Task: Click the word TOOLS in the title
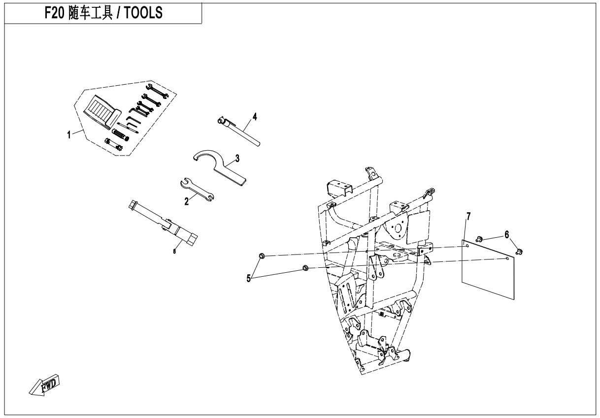pos(143,13)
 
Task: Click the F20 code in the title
pos(54,13)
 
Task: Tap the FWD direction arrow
pos(44,385)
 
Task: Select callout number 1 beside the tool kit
pos(69,135)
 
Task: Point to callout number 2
pos(187,201)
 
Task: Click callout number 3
pos(237,158)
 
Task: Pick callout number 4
pos(255,117)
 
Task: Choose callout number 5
pos(249,279)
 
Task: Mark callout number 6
pos(506,234)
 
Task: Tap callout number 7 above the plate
pos(468,216)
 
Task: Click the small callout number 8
pos(174,251)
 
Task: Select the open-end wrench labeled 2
pos(197,190)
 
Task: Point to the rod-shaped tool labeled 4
pos(239,131)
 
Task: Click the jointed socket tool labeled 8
pos(163,223)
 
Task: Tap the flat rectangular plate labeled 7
pos(488,269)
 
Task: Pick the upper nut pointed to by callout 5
pos(262,256)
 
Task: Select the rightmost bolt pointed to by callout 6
pos(519,252)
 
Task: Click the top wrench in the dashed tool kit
pos(157,91)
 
